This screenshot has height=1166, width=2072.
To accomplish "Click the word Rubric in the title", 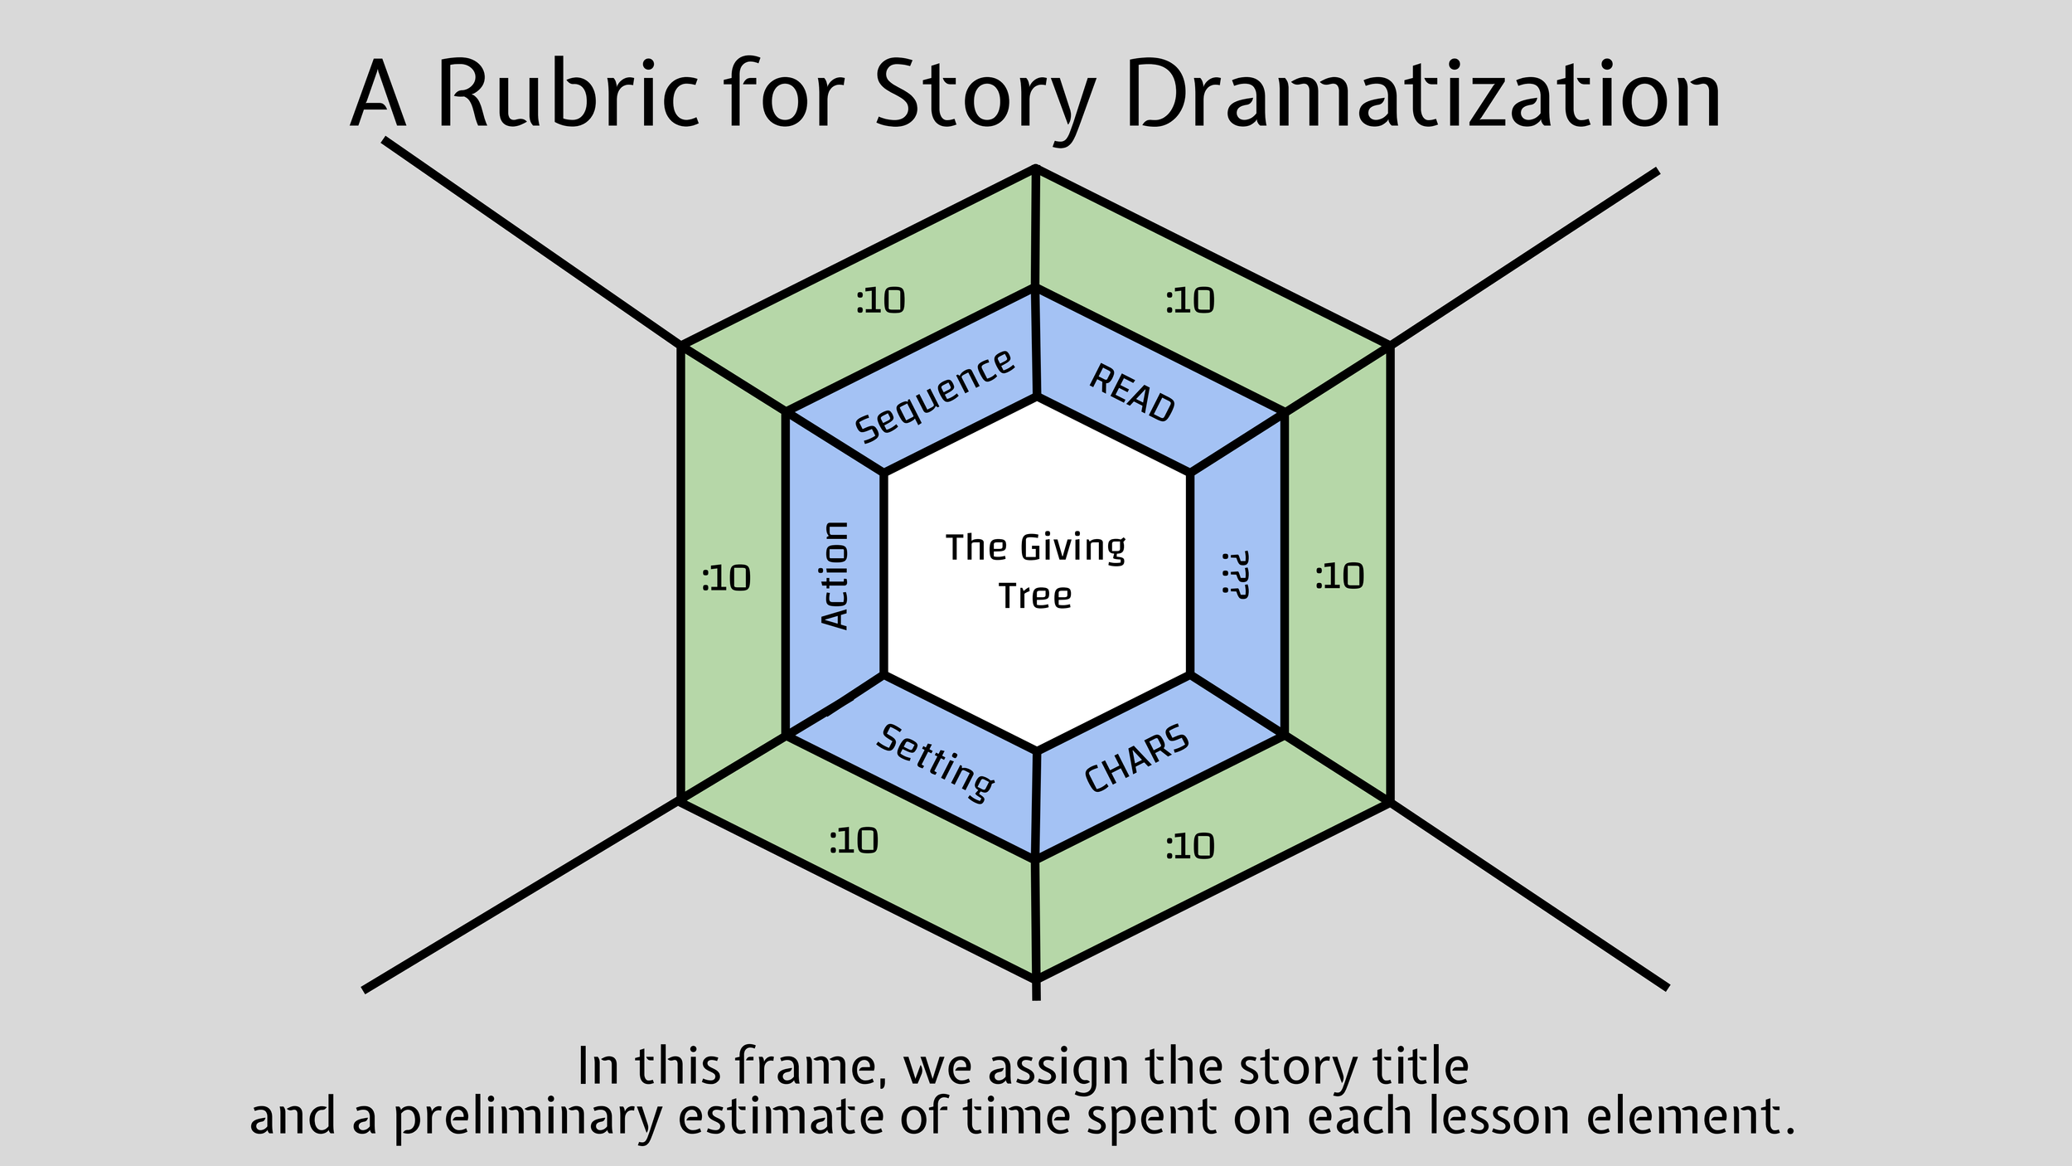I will [x=567, y=94].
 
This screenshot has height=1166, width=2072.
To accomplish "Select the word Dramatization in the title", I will [x=1422, y=94].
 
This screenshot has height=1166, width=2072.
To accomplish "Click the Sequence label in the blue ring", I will [x=934, y=396].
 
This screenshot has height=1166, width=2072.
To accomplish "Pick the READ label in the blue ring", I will [x=1132, y=393].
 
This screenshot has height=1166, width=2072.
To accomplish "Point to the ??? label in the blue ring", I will [x=1235, y=574].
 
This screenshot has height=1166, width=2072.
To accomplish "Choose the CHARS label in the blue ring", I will [x=1137, y=758].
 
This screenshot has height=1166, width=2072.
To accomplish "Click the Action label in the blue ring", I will [x=835, y=576].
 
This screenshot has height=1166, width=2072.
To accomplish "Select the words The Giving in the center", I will [x=1035, y=547].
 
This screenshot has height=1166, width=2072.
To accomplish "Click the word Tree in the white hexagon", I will [x=1035, y=596].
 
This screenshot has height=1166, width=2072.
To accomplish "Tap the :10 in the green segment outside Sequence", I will [x=880, y=301].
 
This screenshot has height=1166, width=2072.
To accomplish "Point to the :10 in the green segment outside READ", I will [x=1189, y=301].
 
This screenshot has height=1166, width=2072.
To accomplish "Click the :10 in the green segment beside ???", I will [x=1339, y=576].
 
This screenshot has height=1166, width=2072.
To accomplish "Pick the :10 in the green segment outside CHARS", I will [x=1189, y=847].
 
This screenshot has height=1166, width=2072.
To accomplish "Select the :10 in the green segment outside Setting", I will [x=854, y=841].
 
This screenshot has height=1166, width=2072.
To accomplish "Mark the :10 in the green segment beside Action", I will [x=726, y=578].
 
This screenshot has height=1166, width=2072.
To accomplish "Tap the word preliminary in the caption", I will [x=527, y=1117].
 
